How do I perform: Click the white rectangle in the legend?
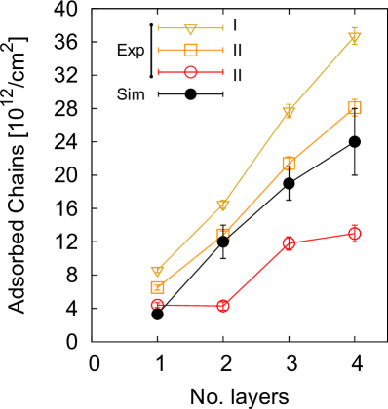(x=131, y=29)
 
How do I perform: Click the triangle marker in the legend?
(x=190, y=29)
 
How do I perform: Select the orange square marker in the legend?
(x=190, y=50)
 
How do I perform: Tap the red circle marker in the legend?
(x=190, y=71)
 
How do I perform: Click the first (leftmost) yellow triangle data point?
(x=157, y=271)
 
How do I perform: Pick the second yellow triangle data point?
(x=222, y=204)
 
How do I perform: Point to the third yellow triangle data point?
(x=289, y=112)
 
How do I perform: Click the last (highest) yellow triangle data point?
(x=354, y=38)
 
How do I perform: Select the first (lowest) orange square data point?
(x=157, y=287)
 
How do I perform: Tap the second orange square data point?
(x=222, y=235)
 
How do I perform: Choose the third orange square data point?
(x=289, y=164)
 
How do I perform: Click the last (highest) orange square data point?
(x=354, y=107)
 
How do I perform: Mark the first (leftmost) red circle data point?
(x=157, y=304)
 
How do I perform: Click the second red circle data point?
(x=222, y=306)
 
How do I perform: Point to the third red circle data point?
(x=289, y=242)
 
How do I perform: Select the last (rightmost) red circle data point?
(x=354, y=233)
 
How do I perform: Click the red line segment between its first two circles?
(x=190, y=305)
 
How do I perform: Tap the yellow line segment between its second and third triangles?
(x=255, y=159)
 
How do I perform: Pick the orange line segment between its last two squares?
(x=322, y=135)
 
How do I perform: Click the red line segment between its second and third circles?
(x=255, y=275)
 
